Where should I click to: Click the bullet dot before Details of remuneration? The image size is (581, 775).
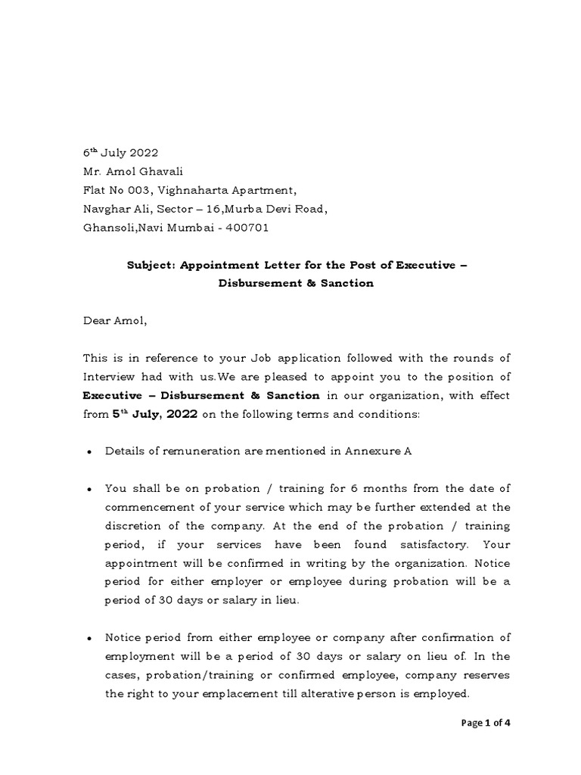click(89, 452)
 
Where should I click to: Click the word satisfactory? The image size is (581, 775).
click(425, 545)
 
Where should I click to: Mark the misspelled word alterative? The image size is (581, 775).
click(340, 693)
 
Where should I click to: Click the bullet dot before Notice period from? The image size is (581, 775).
click(89, 638)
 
